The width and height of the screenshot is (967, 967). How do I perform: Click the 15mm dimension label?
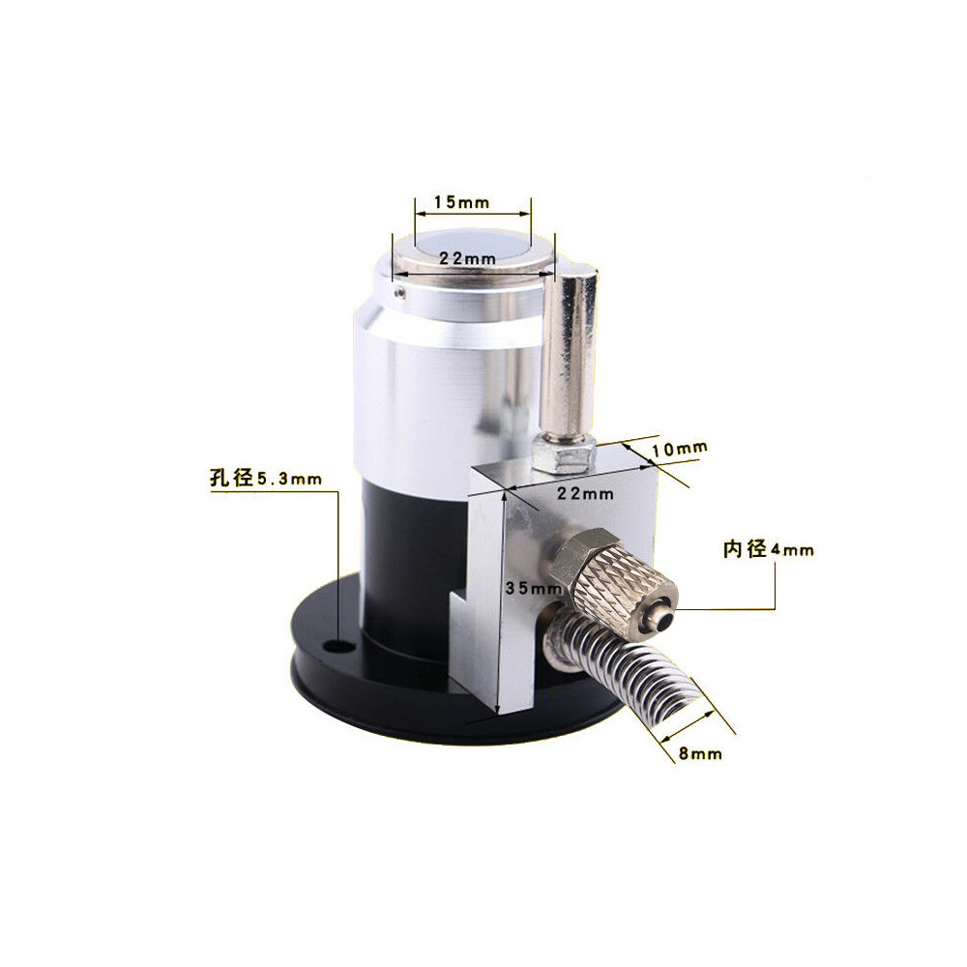click(462, 202)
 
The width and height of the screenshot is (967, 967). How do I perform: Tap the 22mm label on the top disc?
click(467, 259)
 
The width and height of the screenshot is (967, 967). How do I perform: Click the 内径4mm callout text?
click(769, 551)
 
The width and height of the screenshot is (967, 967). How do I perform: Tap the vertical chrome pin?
click(570, 348)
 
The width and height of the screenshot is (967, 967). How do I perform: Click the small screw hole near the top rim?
click(397, 286)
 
